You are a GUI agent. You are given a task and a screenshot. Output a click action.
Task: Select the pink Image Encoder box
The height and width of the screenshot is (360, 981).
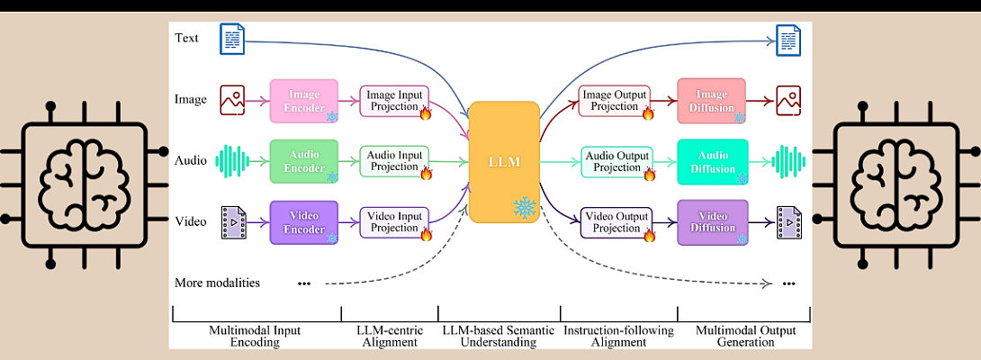304,99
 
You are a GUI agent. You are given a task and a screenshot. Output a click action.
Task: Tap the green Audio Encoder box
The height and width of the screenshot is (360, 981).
304,160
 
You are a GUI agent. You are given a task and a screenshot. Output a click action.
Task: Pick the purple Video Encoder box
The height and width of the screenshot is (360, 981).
304,221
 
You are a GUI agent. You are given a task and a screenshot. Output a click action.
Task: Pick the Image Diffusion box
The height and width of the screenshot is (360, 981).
712,100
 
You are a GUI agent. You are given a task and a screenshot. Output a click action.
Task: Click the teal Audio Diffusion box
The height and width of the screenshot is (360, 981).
712,160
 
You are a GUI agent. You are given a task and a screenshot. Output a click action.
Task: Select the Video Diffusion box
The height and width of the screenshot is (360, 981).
712,221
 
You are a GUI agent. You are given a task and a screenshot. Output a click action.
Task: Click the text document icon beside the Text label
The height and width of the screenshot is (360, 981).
233,38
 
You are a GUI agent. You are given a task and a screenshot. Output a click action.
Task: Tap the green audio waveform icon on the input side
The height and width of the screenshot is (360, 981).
233,161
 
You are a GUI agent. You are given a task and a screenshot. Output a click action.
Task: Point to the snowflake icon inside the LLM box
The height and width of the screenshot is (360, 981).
524,208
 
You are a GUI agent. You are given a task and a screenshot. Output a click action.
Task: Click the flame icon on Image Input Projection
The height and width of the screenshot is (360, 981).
425,112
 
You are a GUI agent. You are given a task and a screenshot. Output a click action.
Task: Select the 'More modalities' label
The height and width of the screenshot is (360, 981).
218,283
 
